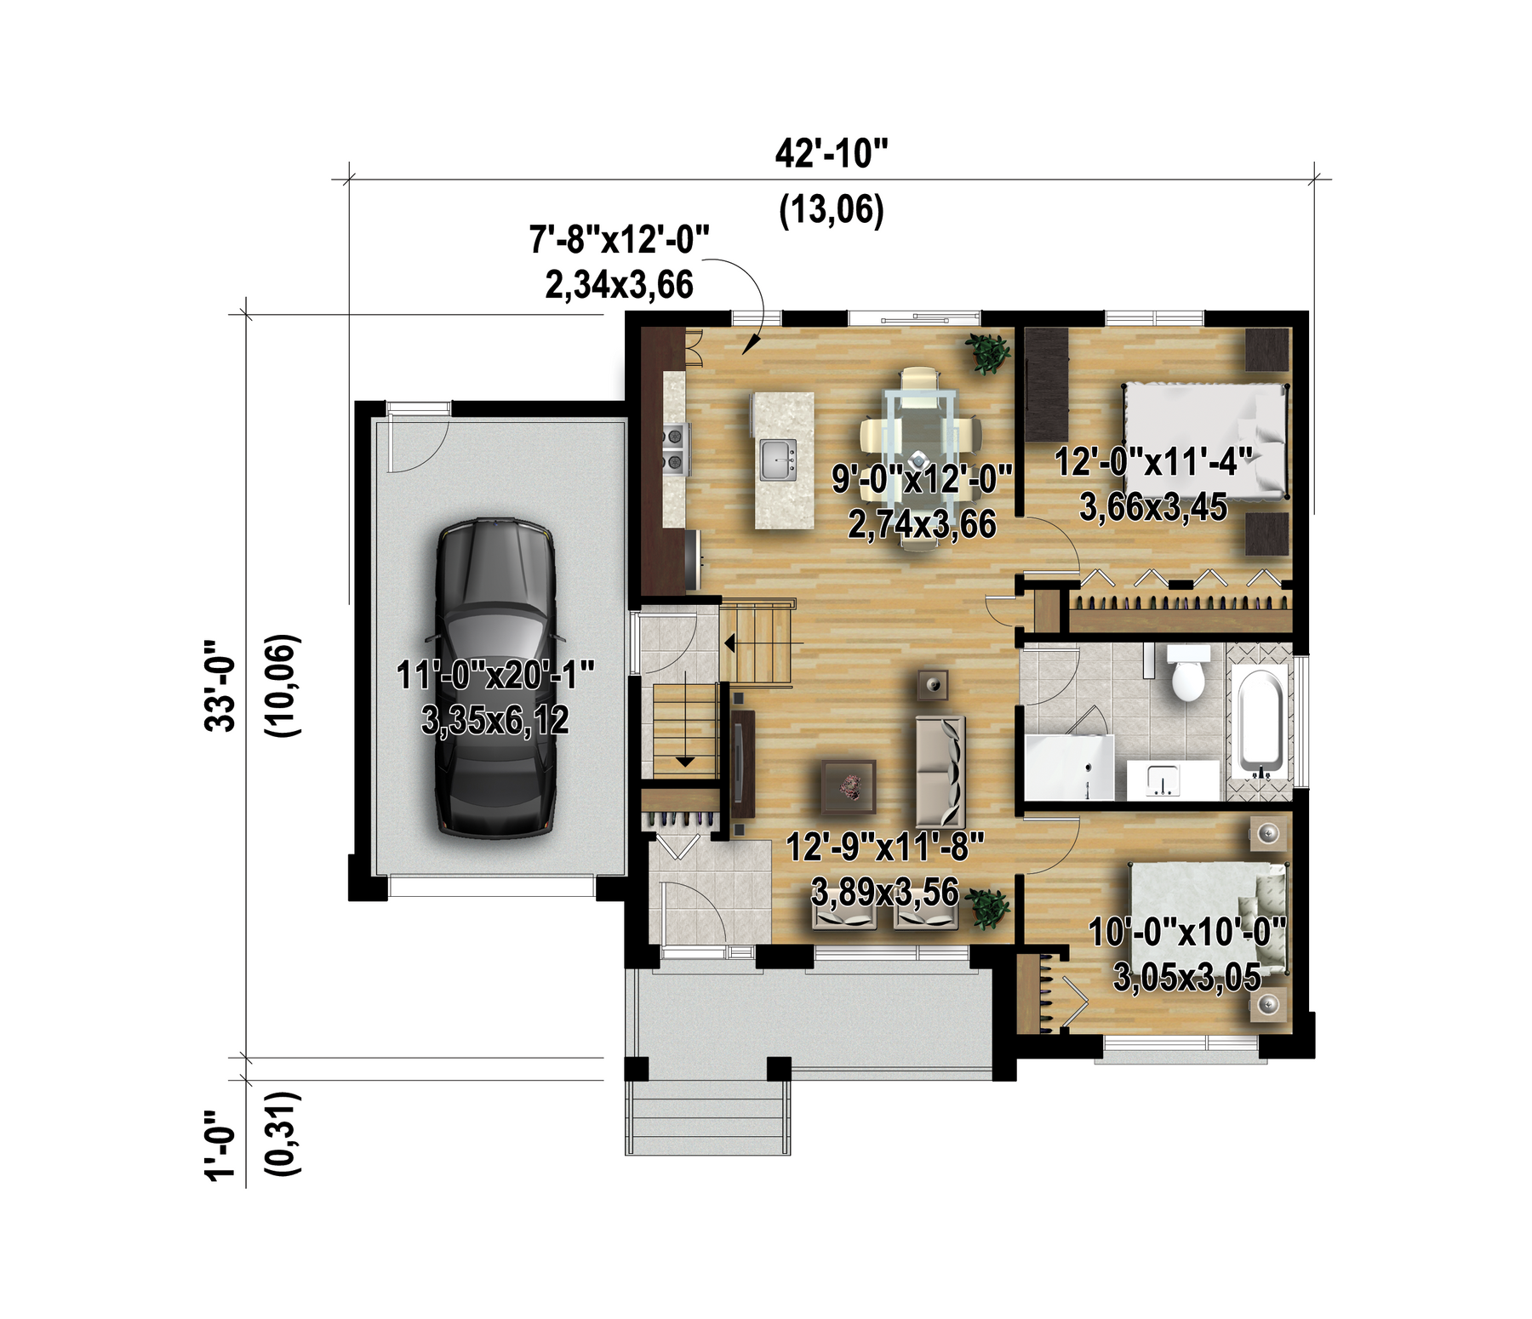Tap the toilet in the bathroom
coord(1187,672)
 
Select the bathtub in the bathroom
coord(1261,723)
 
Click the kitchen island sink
coord(779,460)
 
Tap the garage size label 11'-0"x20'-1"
coord(494,676)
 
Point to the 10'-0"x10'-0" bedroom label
coord(1187,933)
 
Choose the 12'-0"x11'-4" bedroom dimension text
coord(1153,462)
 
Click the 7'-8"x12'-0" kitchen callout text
coord(620,239)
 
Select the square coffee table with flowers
coord(849,785)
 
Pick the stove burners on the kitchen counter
coord(676,448)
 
